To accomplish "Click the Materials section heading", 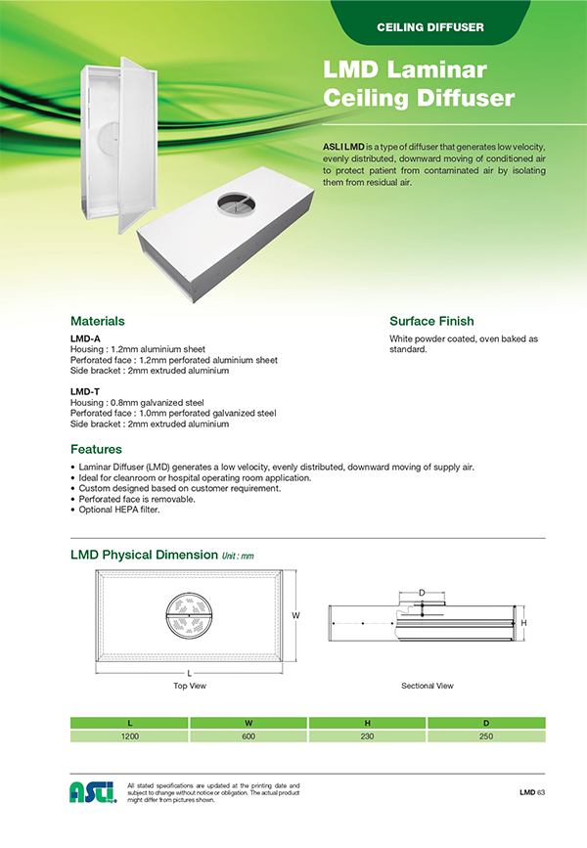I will pos(97,321).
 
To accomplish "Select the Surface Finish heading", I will pos(431,321).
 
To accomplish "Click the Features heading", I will pos(96,450).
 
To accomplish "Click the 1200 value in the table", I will pos(128,736).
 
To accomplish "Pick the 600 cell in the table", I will pos(248,736).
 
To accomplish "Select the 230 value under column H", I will pos(367,736).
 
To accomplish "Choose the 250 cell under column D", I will pos(485,736).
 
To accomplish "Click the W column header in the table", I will pos(248,723).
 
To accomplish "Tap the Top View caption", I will pos(190,686).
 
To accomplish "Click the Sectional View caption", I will pos(428,686).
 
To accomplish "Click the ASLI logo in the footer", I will pos(93,792).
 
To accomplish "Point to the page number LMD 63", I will pos(531,792).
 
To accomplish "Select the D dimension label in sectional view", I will pos(422,593).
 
